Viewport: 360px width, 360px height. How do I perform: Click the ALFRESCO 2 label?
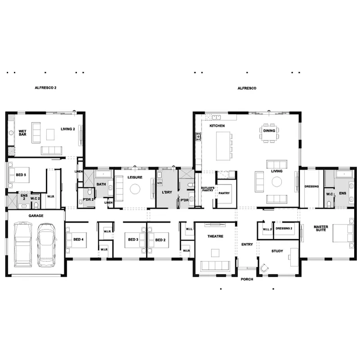(45, 88)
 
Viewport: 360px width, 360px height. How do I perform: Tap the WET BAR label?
(22, 133)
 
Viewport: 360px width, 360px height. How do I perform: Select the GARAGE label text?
(36, 216)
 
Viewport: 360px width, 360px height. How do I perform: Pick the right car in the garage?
(46, 245)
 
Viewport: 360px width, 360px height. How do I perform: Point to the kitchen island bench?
(223, 146)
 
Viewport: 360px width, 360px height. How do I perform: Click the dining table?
(269, 133)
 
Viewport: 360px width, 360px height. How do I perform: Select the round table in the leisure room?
(135, 189)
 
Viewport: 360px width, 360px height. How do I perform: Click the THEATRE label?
(216, 236)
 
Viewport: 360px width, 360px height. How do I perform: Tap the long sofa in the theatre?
(215, 266)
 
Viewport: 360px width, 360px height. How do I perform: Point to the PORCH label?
(247, 279)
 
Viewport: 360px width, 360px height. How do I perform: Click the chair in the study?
(264, 268)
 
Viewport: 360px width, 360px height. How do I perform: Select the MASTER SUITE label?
(321, 228)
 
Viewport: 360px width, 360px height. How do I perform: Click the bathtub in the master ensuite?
(344, 174)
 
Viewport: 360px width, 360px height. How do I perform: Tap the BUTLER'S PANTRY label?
(207, 189)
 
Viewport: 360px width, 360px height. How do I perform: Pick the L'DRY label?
(167, 192)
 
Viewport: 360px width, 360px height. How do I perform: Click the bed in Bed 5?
(19, 175)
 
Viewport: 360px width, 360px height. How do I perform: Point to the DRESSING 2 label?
(284, 229)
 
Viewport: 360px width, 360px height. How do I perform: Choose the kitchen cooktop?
(198, 136)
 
